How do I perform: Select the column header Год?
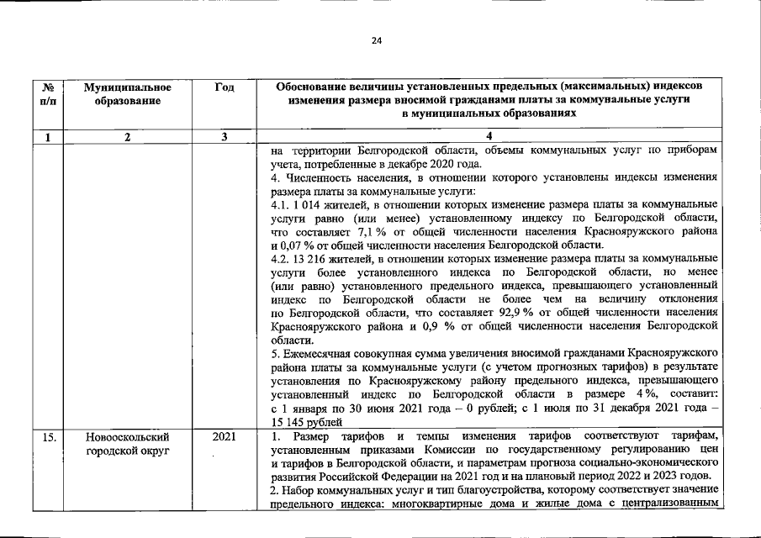tap(225, 87)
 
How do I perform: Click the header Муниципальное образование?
tap(128, 93)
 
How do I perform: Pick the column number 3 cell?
tap(225, 137)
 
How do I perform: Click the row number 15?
tap(48, 437)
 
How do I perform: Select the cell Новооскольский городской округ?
tap(128, 444)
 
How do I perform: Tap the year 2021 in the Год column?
tap(225, 437)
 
